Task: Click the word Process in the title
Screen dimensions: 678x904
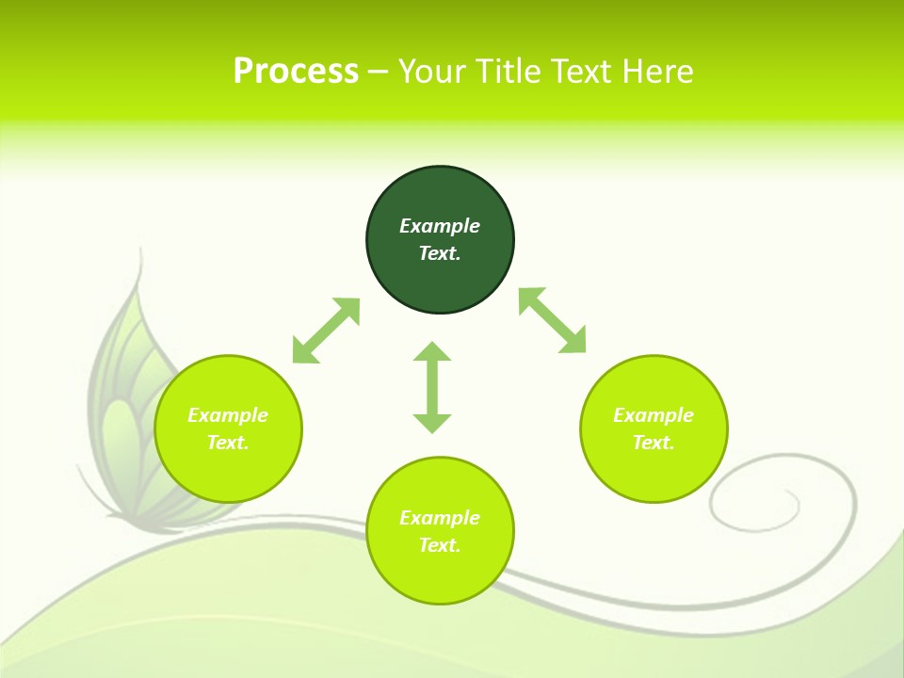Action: pyautogui.click(x=296, y=72)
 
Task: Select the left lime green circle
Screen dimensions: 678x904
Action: pyautogui.click(x=228, y=471)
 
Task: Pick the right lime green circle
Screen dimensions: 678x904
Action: pyautogui.click(x=654, y=471)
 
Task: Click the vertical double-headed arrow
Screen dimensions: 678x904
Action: pyautogui.click(x=432, y=387)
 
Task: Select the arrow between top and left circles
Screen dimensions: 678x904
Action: pyautogui.click(x=326, y=331)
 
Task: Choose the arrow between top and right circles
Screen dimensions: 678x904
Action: pyautogui.click(x=553, y=320)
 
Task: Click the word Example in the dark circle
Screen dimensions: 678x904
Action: pyautogui.click(x=440, y=226)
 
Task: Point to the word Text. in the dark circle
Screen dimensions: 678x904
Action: pyautogui.click(x=440, y=253)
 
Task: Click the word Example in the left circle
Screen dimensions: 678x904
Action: pyautogui.click(x=228, y=415)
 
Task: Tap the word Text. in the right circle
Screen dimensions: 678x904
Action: pyautogui.click(x=654, y=443)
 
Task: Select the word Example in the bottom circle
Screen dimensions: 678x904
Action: pyautogui.click(x=440, y=518)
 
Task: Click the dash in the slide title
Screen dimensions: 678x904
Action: pyautogui.click(x=378, y=72)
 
